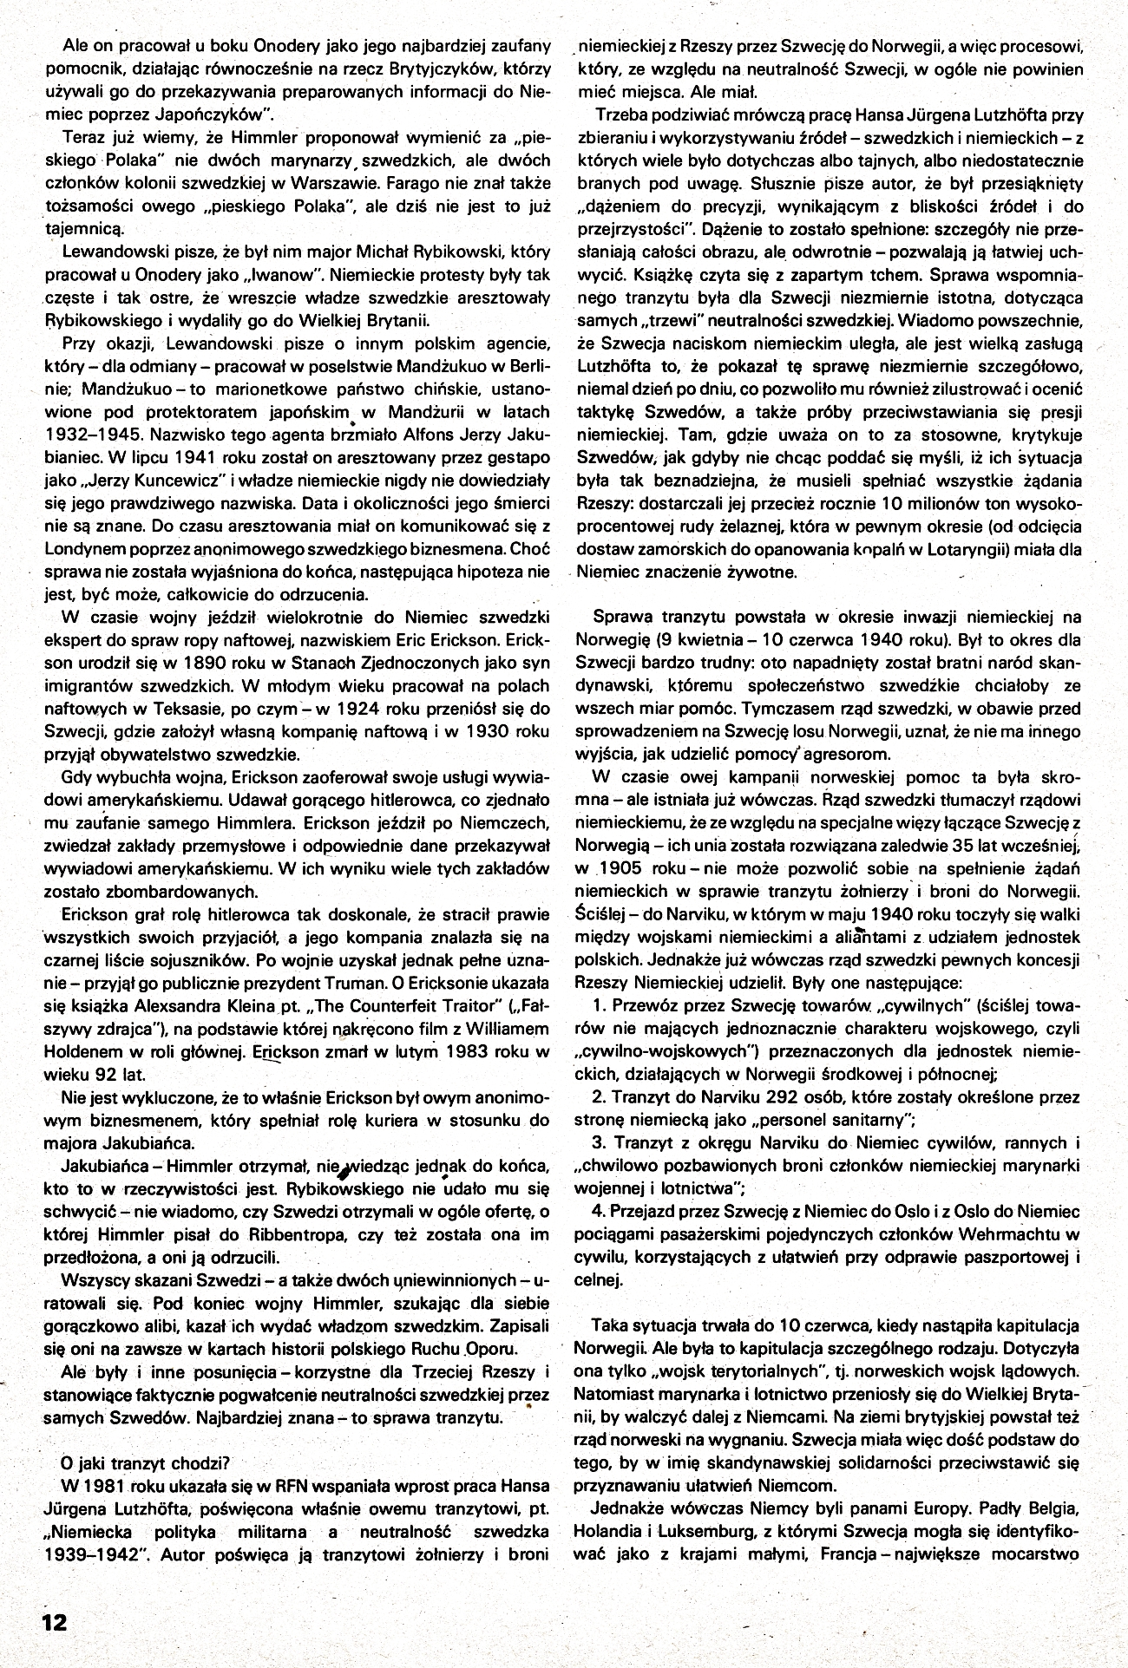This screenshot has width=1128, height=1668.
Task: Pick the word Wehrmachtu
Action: pyautogui.click(x=1015, y=1233)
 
